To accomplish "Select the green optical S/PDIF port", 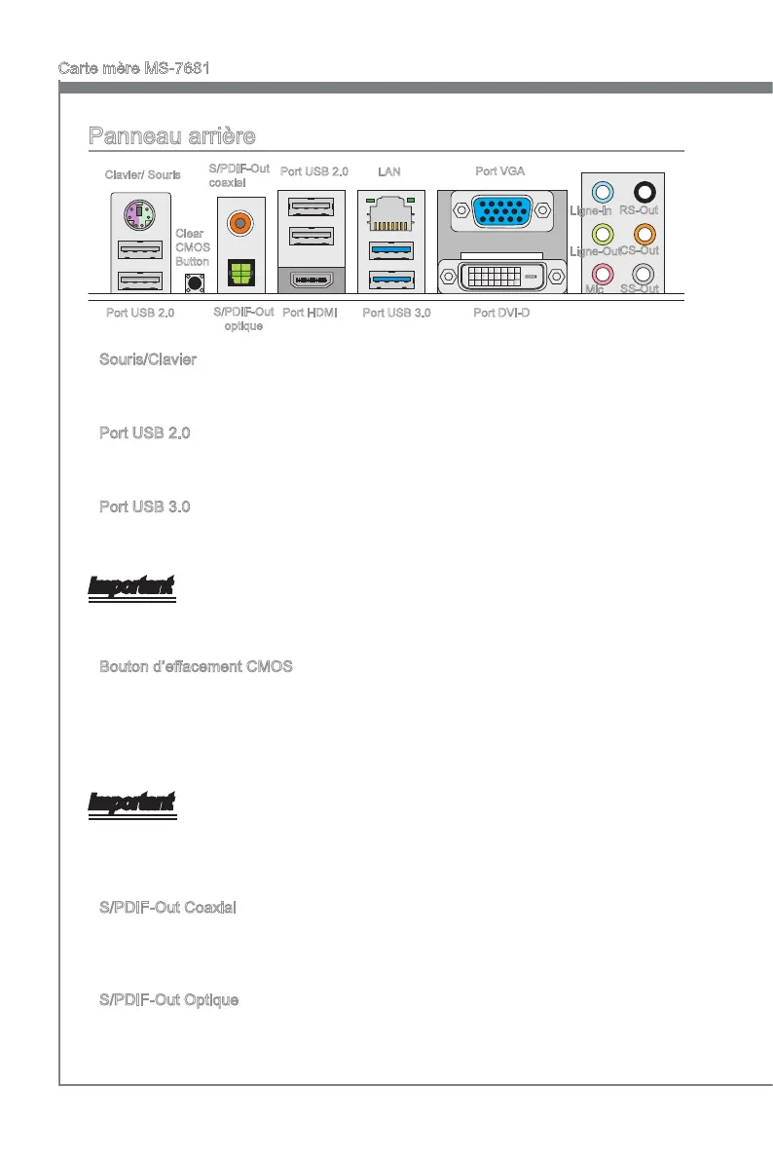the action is [237, 272].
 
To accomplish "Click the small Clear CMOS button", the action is [194, 282].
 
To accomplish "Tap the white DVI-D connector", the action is [502, 278].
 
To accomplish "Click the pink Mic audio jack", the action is [604, 274].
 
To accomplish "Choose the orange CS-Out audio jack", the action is [643, 233].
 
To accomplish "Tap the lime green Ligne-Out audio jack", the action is [604, 233].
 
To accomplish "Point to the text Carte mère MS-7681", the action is [134, 68].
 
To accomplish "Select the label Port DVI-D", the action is [501, 314].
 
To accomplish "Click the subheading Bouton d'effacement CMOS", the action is [196, 667].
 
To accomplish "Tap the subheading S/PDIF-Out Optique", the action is [169, 1000].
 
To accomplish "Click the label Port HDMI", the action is [309, 314].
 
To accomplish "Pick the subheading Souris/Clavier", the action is [148, 359].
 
